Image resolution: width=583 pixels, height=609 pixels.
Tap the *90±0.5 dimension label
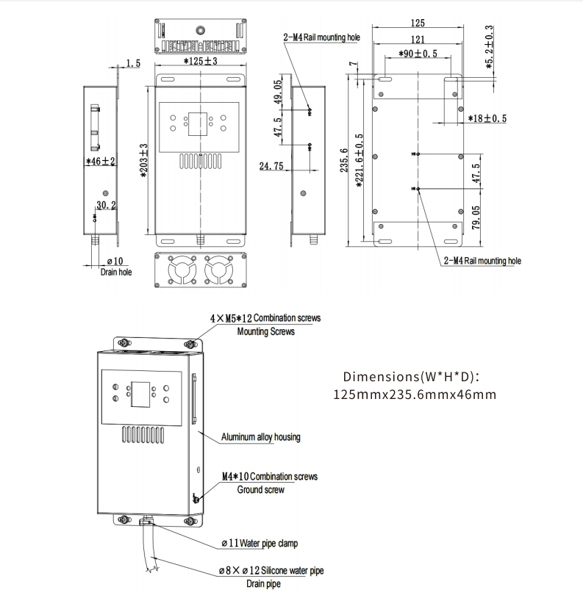click(418, 54)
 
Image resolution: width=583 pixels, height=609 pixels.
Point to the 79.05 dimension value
click(476, 217)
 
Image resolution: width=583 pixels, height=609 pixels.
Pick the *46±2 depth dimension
click(101, 161)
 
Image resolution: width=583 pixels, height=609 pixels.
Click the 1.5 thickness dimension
click(133, 64)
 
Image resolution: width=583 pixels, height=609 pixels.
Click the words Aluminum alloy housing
click(261, 437)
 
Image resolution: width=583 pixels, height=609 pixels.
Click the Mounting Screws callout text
click(265, 331)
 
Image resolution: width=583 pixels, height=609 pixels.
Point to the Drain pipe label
click(262, 584)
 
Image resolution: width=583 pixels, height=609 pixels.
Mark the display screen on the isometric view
click(140, 395)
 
